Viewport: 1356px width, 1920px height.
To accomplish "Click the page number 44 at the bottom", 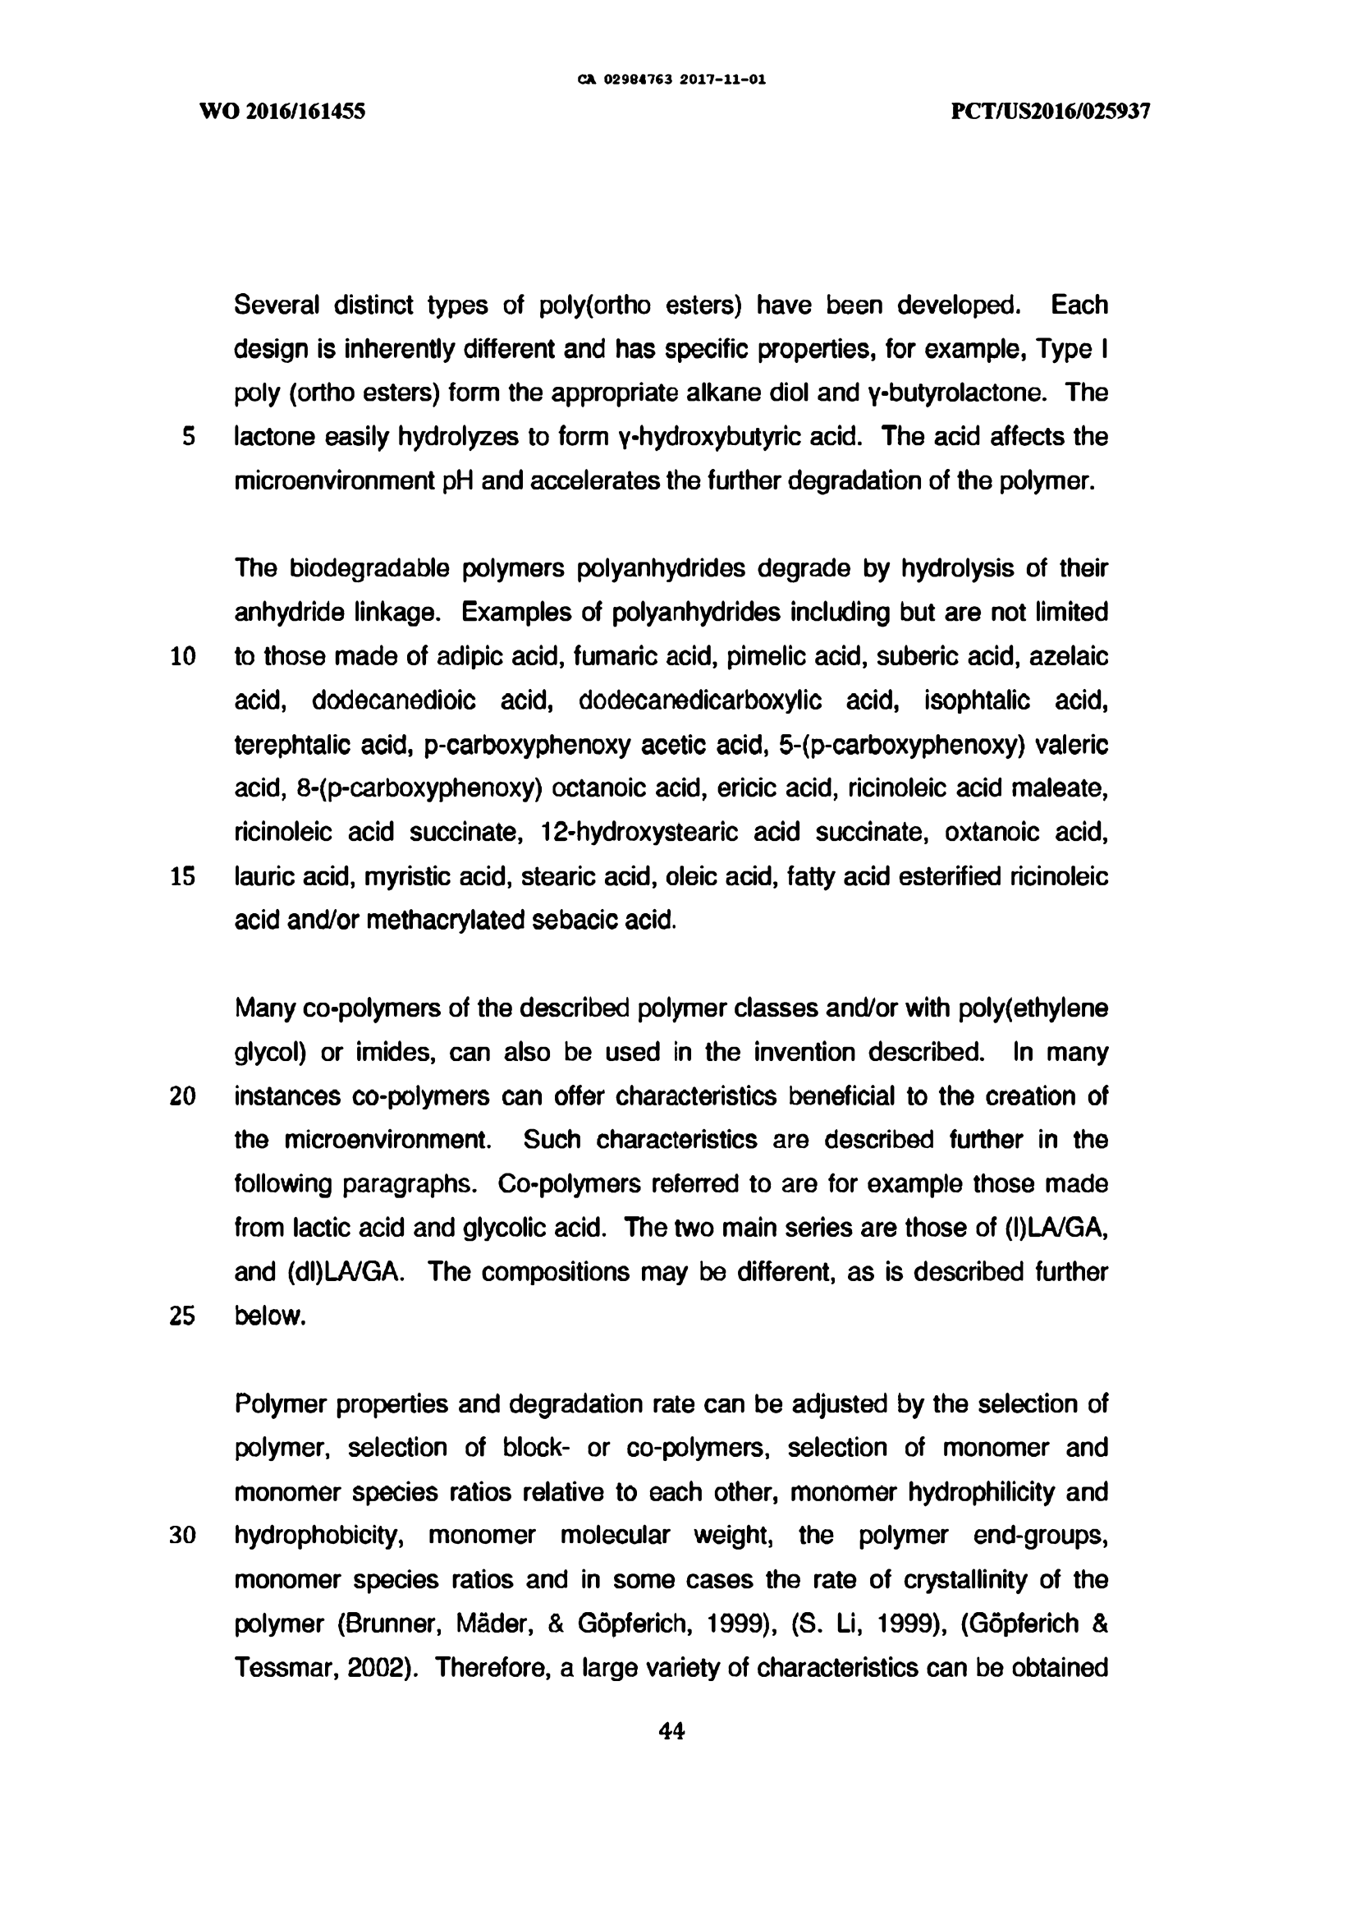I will coord(671,1731).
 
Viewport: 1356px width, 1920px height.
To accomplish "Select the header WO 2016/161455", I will coord(282,111).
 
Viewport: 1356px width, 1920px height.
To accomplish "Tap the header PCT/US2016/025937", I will coord(1050,111).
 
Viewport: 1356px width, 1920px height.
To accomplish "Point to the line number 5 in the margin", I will coord(189,437).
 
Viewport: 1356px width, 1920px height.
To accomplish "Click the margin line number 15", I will coord(182,876).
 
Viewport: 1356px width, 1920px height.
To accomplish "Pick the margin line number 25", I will coord(182,1316).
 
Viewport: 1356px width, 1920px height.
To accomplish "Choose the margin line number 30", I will coord(182,1536).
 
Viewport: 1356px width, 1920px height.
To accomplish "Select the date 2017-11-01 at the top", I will coord(722,80).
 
